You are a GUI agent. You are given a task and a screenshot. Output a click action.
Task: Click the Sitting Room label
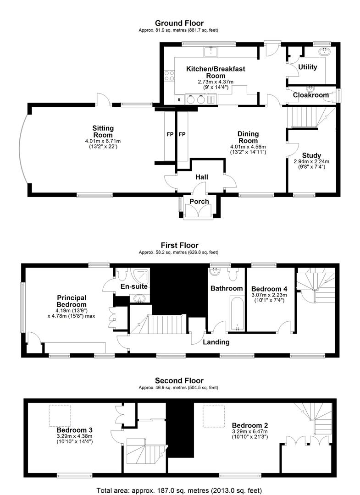click(103, 132)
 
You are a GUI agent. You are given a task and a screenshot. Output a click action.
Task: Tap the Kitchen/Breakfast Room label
click(216, 72)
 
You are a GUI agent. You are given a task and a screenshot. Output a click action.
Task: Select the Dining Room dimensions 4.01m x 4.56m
click(248, 147)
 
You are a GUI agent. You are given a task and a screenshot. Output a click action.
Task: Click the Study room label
click(311, 155)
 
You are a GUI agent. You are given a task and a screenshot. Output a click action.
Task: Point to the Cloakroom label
click(311, 95)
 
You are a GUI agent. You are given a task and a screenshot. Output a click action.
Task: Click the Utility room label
click(308, 67)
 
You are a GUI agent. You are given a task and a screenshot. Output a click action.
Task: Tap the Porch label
click(199, 201)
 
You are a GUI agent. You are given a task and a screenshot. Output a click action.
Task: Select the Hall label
click(201, 177)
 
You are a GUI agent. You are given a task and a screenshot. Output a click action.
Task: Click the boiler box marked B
click(179, 100)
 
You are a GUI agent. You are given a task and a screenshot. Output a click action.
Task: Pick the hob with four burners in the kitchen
click(170, 76)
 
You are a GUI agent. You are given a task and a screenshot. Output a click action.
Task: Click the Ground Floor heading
click(179, 23)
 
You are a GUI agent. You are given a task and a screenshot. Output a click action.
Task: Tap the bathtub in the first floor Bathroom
click(237, 313)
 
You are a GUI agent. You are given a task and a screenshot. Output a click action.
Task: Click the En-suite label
click(134, 286)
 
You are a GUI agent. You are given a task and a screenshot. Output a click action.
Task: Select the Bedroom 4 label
click(269, 289)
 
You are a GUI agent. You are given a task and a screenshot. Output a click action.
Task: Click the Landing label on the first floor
click(216, 342)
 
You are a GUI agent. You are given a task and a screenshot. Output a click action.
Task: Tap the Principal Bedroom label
click(72, 301)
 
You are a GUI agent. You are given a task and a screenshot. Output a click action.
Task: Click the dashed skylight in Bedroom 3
click(60, 415)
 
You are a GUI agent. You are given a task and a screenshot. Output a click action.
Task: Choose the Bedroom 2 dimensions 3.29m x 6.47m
click(250, 432)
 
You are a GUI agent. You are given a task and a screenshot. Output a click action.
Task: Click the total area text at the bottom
click(179, 490)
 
